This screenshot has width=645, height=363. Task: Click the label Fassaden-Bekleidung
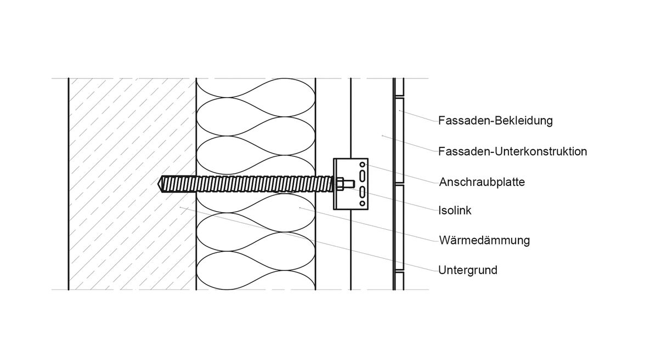[495, 121]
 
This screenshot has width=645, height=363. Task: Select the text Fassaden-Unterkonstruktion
[512, 151]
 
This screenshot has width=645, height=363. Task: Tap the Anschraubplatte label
[482, 181]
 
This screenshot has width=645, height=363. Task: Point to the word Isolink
[455, 210]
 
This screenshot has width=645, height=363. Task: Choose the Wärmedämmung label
[484, 240]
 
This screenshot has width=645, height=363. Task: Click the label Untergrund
[467, 270]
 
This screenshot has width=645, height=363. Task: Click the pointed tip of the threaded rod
[160, 183]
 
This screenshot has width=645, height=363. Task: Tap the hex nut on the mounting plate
[340, 183]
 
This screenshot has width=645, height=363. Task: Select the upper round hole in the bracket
[361, 165]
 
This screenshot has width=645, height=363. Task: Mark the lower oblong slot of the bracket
[362, 192]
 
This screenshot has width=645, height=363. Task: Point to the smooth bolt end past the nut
[348, 183]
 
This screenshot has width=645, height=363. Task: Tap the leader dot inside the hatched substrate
[180, 207]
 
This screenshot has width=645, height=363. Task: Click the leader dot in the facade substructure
[382, 135]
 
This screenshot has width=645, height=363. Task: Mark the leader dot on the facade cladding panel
[400, 110]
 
